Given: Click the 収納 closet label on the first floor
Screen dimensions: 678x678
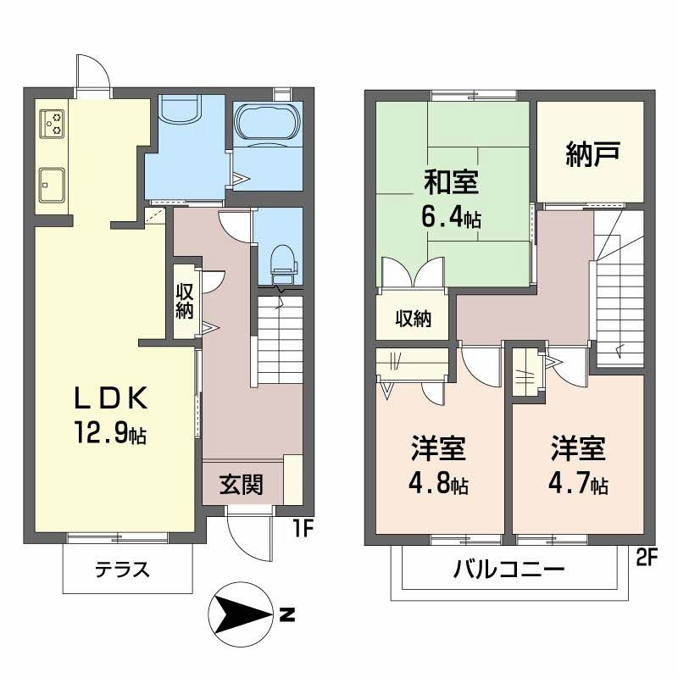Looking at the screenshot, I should click(185, 301).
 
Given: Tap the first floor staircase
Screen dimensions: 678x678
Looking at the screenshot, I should click(280, 339).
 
